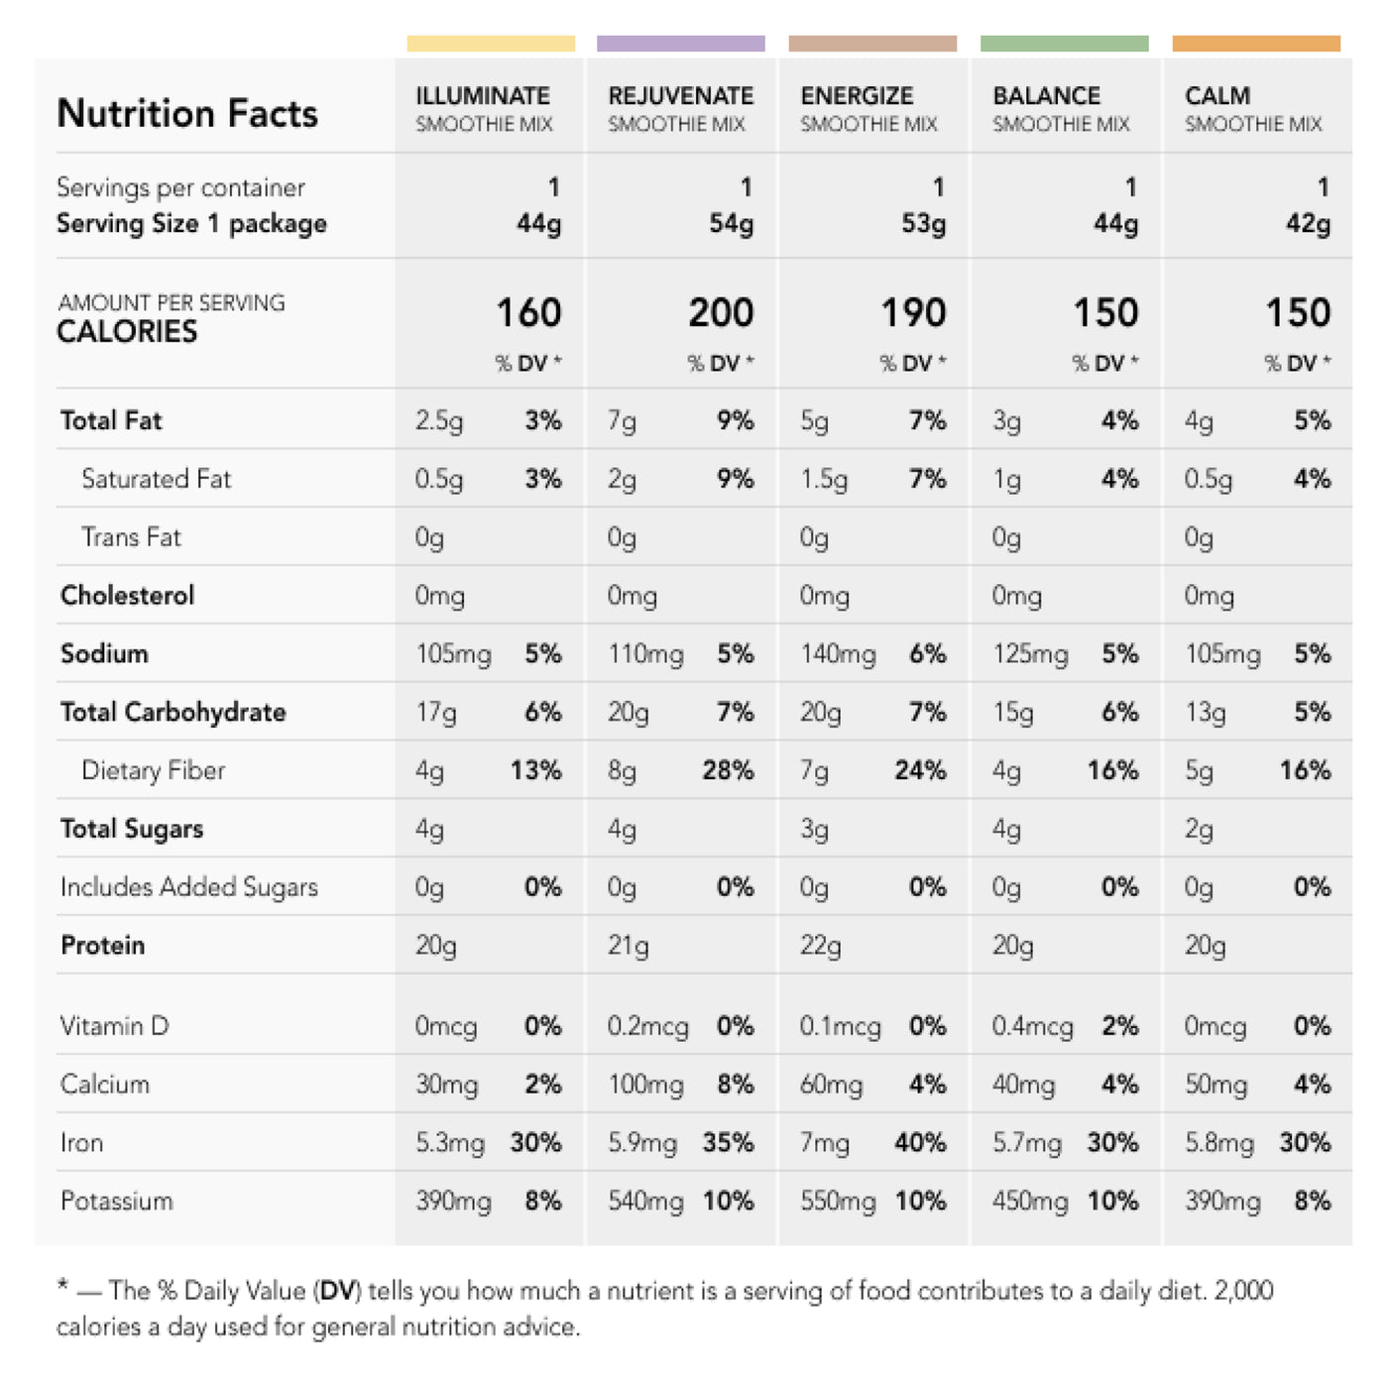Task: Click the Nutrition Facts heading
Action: click(x=187, y=113)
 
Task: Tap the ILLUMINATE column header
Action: click(x=483, y=96)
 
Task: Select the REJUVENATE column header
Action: click(x=680, y=96)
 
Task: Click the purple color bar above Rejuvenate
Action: click(x=680, y=44)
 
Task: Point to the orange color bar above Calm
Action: click(x=1255, y=44)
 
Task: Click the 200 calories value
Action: click(x=721, y=313)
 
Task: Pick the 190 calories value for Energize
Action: click(x=913, y=313)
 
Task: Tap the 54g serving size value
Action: click(x=731, y=224)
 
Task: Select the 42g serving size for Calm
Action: click(x=1308, y=224)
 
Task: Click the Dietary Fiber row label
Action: click(x=154, y=770)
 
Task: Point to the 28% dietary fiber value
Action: click(x=728, y=770)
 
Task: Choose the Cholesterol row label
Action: click(x=128, y=595)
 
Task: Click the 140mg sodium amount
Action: click(x=838, y=654)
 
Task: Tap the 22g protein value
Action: click(x=820, y=946)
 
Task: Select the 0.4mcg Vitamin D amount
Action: click(x=1032, y=1027)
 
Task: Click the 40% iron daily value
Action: click(x=920, y=1143)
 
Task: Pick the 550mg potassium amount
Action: click(x=838, y=1202)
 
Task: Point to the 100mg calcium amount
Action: click(x=645, y=1086)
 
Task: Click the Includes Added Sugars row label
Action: click(x=189, y=887)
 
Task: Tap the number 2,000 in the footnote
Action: click(x=1243, y=1291)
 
